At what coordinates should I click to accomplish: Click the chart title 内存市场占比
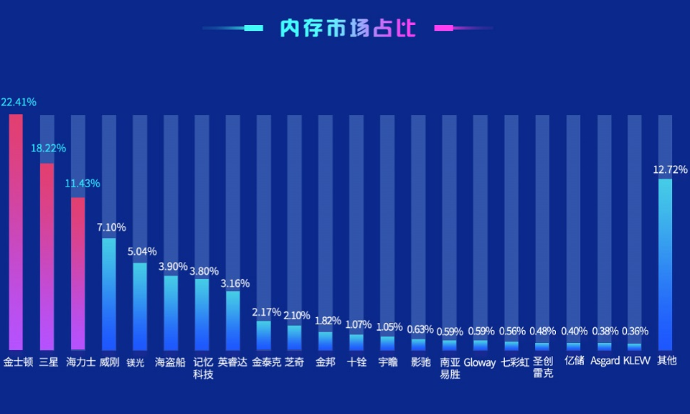tap(347, 28)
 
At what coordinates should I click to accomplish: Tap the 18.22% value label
tap(48, 149)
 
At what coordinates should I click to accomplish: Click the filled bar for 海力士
tap(78, 273)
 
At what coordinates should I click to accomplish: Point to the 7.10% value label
tap(111, 227)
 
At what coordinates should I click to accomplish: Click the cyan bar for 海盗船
tap(171, 312)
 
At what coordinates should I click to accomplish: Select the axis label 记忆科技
tap(203, 368)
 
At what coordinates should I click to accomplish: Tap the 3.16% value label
tap(235, 283)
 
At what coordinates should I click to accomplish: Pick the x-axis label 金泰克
tap(266, 362)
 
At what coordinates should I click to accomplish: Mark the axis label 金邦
tap(326, 362)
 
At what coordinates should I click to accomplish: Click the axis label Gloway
tap(480, 362)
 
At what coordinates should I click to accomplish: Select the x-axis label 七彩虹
tap(515, 362)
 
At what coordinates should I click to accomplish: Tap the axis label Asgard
tap(605, 361)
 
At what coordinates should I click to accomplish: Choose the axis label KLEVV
tap(637, 361)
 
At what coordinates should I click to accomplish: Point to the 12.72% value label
tap(670, 170)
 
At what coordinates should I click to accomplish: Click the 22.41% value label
tap(19, 102)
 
